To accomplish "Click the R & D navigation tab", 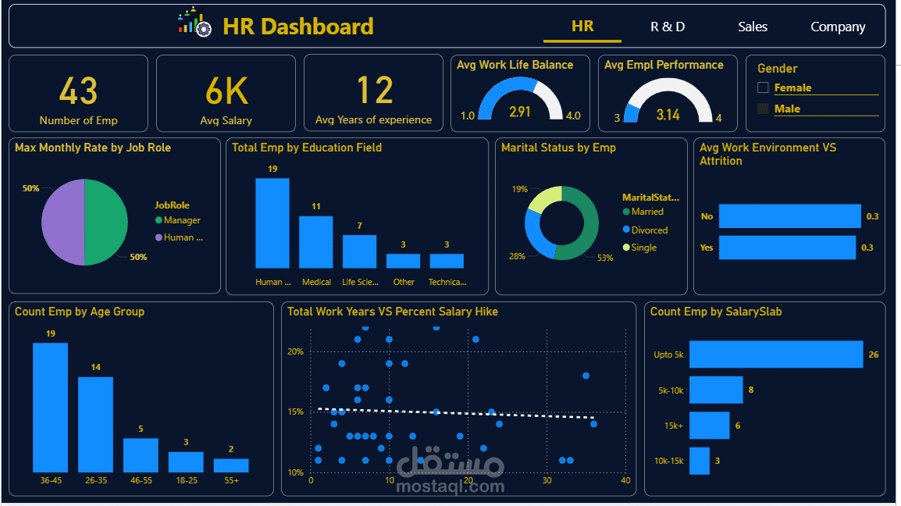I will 668,27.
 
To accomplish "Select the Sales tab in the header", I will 753,27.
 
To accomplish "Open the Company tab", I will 838,27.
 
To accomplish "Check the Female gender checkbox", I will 764,88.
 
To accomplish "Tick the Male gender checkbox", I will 764,109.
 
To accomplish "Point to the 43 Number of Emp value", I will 78,91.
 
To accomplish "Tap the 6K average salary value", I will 226,91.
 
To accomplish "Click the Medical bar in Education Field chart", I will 316,242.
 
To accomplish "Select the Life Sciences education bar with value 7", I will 359,251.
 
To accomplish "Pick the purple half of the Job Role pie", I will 62,222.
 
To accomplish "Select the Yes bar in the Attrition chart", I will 789,248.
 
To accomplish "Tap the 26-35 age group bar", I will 95,424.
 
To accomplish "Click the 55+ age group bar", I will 231,465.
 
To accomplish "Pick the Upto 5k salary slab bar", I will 775,355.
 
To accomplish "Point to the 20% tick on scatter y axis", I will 295,351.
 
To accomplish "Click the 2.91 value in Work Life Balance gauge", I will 520,112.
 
